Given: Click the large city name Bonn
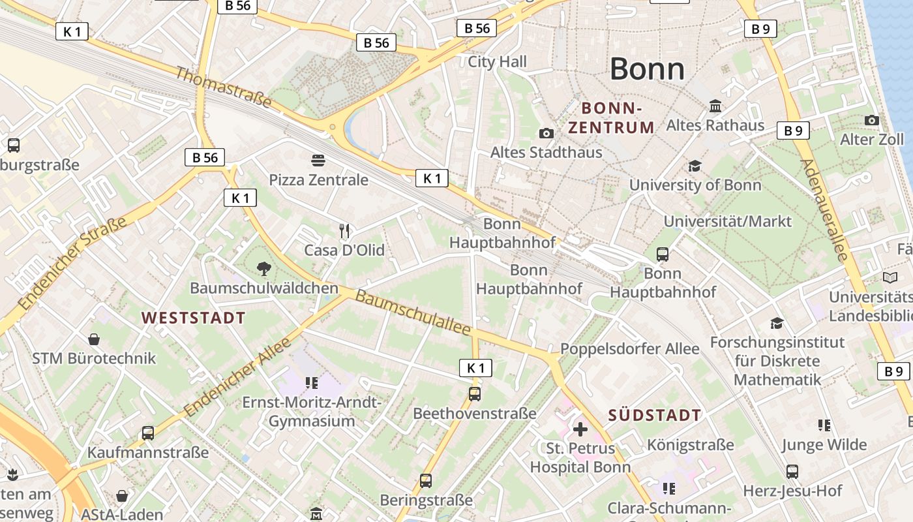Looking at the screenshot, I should pos(647,69).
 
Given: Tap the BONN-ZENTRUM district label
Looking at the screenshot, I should pos(611,117).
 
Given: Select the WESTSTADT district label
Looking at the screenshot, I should pos(194,318).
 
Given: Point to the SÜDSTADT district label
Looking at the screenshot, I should pos(655,415).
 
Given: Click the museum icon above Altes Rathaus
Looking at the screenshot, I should pos(715,106).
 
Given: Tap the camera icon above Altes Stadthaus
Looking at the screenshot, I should pos(546,134).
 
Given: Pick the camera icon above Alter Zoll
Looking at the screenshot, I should pos(871,120).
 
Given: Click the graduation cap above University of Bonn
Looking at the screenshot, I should pos(695,166).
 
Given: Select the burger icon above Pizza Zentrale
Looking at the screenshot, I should pos(318,161).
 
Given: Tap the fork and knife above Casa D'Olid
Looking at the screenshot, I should pos(345,230).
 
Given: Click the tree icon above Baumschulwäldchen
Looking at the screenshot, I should pos(263,268).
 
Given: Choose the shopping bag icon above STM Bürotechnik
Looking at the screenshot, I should pos(94,339).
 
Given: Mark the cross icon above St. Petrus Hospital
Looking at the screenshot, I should pos(580,429).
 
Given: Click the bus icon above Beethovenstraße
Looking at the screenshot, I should pos(475,394).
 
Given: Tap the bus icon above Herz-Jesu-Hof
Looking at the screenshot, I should pos(792,471).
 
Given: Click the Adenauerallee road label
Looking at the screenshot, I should pos(823,210).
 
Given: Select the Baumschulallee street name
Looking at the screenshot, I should pos(413,314).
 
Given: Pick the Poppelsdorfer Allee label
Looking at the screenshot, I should pos(629,349).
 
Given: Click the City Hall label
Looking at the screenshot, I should pos(497,62).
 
